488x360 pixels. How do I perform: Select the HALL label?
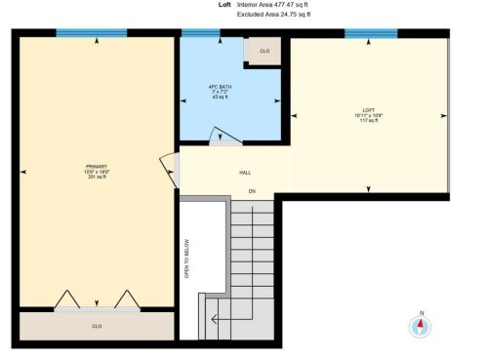(x=245, y=172)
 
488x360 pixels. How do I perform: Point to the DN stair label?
(x=251, y=189)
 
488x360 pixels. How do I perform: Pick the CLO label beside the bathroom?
(x=264, y=51)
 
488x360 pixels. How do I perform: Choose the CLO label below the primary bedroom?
(x=97, y=326)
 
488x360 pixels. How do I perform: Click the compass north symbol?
(x=421, y=326)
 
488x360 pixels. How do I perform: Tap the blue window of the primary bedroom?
(x=92, y=32)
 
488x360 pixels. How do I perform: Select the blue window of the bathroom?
(x=200, y=32)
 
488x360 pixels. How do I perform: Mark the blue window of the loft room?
(x=370, y=32)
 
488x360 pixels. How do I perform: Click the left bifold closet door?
(x=67, y=299)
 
